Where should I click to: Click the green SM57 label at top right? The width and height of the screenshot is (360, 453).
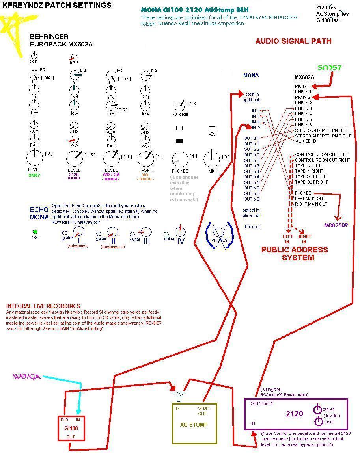pos(329,68)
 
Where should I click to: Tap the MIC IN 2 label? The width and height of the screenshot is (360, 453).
pos(303,97)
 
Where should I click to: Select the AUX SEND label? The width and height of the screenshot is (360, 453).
pos(305,141)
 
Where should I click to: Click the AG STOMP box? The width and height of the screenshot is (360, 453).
pos(194,423)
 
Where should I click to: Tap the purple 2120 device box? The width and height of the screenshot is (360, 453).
pos(295,414)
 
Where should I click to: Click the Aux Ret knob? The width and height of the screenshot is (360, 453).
pos(179,106)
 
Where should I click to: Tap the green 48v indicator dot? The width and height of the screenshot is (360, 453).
pos(35,232)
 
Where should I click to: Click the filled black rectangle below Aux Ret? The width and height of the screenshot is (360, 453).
pos(179,141)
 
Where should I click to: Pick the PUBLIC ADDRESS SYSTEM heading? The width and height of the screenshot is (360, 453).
pos(294,254)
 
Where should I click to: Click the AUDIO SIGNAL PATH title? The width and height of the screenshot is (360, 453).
pos(293,41)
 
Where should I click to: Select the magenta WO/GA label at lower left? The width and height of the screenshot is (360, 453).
pos(27,377)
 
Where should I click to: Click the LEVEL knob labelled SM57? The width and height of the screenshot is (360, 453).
pos(34,158)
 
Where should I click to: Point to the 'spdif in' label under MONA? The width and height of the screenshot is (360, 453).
pos(252,95)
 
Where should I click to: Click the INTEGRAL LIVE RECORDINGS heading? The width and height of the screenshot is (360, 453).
pos(43,306)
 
